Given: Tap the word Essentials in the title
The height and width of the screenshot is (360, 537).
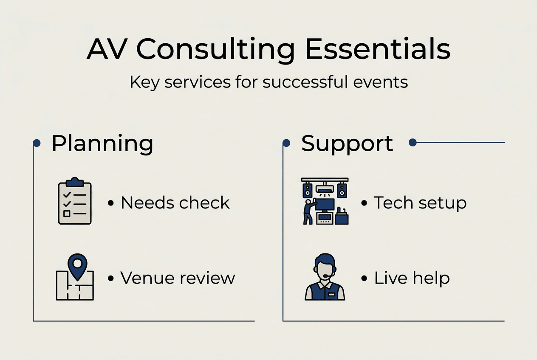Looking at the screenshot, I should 378,50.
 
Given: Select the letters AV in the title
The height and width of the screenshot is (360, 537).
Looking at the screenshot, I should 107,50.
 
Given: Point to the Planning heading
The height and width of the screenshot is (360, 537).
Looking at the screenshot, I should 102,143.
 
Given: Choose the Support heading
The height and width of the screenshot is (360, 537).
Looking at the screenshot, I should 347,143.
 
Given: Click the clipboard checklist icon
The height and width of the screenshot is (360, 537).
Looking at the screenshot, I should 75,201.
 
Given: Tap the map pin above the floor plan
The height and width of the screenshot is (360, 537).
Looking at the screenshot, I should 77,266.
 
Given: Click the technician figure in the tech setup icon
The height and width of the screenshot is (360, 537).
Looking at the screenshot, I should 308,211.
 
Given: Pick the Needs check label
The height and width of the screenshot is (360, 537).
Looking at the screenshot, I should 175,203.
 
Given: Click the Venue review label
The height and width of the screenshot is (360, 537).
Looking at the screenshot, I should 178,278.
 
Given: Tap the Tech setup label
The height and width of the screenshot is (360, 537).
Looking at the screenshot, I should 420,203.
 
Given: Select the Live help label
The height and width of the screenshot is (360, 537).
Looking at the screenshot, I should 412,278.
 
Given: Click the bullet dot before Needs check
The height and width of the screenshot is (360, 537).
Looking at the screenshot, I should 111,204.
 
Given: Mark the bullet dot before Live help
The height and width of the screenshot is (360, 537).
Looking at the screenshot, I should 364,279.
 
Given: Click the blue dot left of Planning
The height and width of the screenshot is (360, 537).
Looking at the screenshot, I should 37,143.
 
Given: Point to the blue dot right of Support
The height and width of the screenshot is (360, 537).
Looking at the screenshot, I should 412,143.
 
